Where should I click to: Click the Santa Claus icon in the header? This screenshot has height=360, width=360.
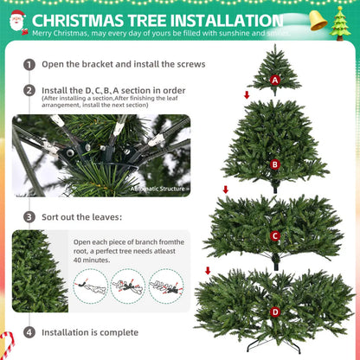tap(16, 22)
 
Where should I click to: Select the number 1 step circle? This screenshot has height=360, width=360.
tap(29, 65)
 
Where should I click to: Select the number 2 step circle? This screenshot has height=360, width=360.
tap(29, 90)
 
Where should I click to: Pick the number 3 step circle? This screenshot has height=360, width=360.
tap(29, 217)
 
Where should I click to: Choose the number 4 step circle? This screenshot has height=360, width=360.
tap(29, 332)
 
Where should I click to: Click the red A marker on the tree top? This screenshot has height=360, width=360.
tap(275, 80)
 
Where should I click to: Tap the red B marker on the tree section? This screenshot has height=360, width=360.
tap(275, 164)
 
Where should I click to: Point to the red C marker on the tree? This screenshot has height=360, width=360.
tap(275, 235)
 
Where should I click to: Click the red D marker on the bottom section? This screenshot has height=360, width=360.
tap(275, 311)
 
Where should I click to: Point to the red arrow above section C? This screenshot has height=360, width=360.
tap(226, 189)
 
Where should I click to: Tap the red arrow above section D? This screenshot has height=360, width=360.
tap(207, 270)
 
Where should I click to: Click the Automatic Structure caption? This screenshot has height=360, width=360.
tap(158, 187)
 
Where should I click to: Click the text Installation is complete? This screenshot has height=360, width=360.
tap(90, 332)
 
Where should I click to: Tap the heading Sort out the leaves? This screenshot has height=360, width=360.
tap(82, 217)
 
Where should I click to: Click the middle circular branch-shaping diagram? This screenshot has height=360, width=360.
tap(127, 285)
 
